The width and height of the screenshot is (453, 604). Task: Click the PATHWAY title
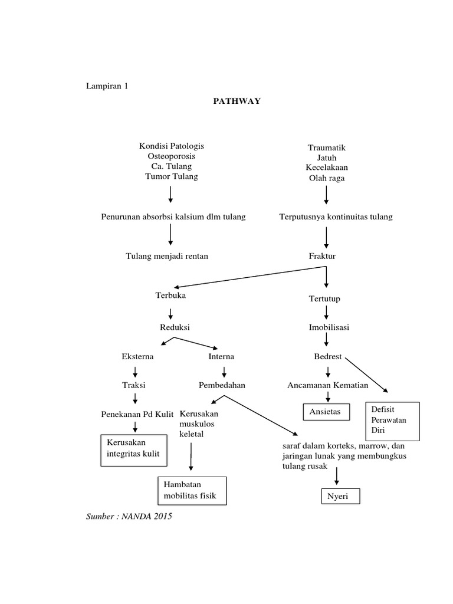click(237, 101)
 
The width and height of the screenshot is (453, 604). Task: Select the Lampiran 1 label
click(107, 86)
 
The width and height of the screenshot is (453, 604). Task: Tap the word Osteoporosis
click(171, 156)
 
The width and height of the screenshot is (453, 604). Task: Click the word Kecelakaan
click(326, 168)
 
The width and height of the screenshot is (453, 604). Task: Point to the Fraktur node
click(322, 257)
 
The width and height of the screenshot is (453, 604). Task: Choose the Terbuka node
click(170, 295)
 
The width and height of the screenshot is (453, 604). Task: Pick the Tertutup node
click(324, 299)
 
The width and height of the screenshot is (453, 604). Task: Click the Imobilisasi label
click(329, 327)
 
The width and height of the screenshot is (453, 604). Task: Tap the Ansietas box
click(326, 411)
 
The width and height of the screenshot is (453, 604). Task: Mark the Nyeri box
click(340, 497)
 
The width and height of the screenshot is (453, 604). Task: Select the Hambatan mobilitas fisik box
click(192, 490)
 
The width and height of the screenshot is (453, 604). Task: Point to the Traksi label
click(134, 385)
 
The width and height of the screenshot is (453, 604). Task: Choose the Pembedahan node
click(222, 385)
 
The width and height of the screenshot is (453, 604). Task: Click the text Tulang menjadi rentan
click(167, 257)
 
